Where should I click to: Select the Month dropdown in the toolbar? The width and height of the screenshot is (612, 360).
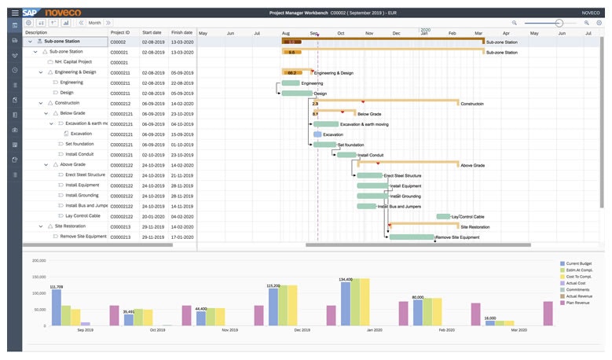(94, 23)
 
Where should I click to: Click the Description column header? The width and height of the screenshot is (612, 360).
(36, 33)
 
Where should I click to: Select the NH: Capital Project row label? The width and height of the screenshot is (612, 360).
(73, 61)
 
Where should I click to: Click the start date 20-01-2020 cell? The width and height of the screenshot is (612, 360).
(152, 215)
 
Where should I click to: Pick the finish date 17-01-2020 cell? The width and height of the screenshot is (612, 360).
(181, 236)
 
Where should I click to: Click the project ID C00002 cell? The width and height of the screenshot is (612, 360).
(119, 41)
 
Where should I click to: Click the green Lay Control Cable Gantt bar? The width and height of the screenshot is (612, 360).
(443, 216)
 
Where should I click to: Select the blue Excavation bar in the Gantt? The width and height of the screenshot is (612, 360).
(317, 134)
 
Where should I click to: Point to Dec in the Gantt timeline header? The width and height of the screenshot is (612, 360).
(397, 33)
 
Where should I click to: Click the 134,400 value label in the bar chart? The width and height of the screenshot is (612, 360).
(346, 279)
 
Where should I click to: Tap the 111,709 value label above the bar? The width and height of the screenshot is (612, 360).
(57, 287)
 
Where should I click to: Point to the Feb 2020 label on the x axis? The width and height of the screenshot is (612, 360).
(446, 330)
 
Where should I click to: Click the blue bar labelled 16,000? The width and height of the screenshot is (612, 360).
(489, 322)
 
